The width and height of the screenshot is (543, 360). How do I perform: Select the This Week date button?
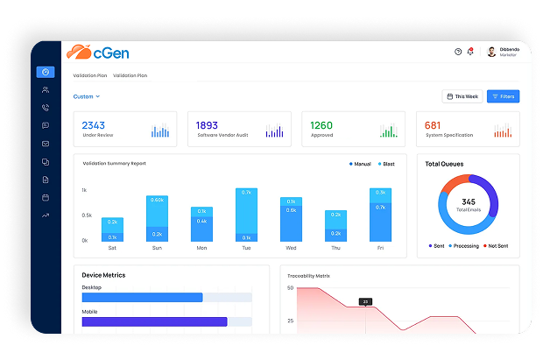(x=462, y=96)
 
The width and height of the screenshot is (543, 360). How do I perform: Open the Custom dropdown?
(x=86, y=96)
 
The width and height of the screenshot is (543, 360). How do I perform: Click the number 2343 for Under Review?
(x=93, y=125)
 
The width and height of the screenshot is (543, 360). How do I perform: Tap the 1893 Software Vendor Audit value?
(x=207, y=125)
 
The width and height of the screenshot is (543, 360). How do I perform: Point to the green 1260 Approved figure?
(x=321, y=125)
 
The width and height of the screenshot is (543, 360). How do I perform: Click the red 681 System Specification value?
(x=433, y=125)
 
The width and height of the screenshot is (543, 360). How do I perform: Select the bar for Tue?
(x=246, y=215)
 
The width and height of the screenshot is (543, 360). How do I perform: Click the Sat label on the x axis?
(x=112, y=248)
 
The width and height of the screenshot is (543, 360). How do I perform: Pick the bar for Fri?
(x=380, y=215)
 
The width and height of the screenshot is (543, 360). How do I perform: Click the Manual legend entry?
(x=360, y=164)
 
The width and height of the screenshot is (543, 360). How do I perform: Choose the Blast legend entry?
(x=387, y=164)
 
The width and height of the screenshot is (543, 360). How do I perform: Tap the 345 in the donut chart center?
(x=468, y=201)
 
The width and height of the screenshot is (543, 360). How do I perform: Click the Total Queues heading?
(x=444, y=164)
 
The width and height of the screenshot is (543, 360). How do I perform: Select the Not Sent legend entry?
(x=497, y=246)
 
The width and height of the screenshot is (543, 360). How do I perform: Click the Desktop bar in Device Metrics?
(x=142, y=298)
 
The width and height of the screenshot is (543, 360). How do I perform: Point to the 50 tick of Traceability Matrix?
(x=290, y=287)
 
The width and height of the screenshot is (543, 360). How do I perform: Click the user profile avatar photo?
(x=491, y=52)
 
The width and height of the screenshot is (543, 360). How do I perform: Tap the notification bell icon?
(x=470, y=52)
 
